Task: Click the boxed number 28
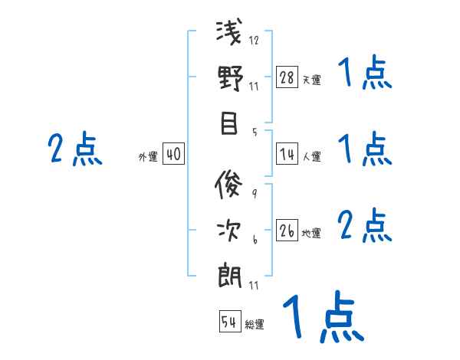(287, 77)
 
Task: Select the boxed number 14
(287, 155)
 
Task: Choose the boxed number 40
(173, 155)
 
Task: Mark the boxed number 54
(229, 322)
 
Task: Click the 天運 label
(311, 80)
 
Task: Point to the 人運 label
(311, 157)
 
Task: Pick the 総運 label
(255, 324)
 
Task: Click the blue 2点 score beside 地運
(366, 225)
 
